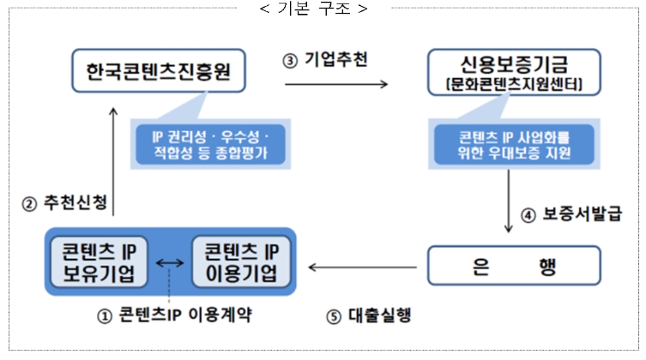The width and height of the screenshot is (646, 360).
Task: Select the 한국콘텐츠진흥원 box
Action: [x=159, y=69]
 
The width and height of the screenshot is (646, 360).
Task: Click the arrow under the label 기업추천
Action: [x=336, y=84]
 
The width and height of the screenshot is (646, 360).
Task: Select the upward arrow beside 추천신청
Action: [x=114, y=162]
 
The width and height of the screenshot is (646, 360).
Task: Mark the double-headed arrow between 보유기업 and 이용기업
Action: [x=170, y=263]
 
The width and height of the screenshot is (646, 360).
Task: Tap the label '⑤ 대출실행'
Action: [x=369, y=316]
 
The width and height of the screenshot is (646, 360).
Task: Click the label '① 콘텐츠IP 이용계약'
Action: [x=175, y=315]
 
